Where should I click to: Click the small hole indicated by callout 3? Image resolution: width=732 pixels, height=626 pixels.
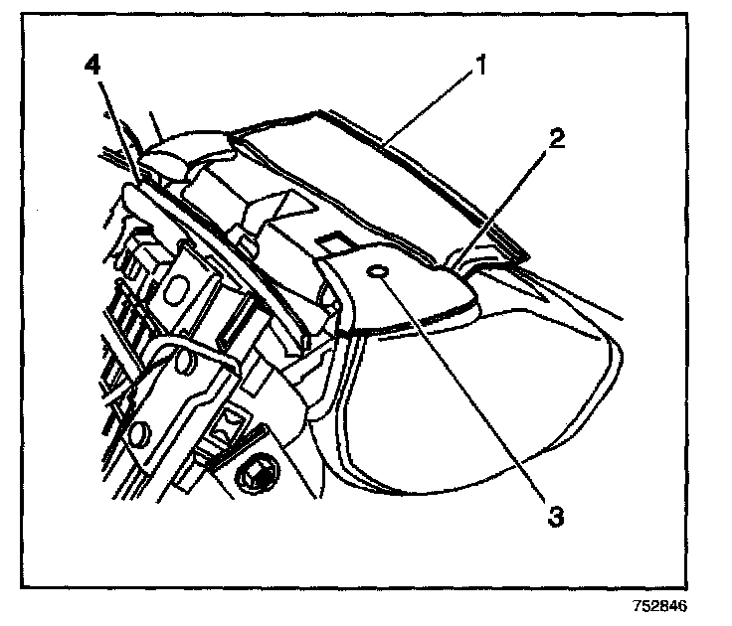point(377,273)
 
